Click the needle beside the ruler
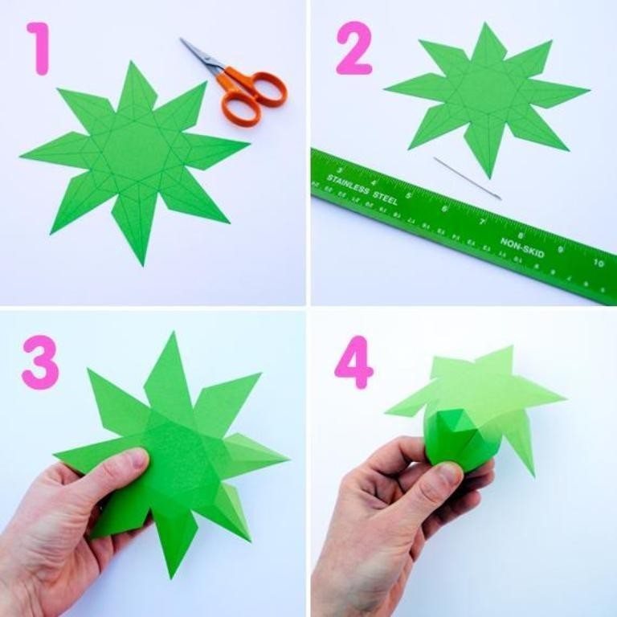pos(467,178)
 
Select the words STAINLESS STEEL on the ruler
pos(362,186)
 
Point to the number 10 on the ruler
pos(599,263)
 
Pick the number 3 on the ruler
pos(340,170)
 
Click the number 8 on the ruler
pos(521,235)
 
